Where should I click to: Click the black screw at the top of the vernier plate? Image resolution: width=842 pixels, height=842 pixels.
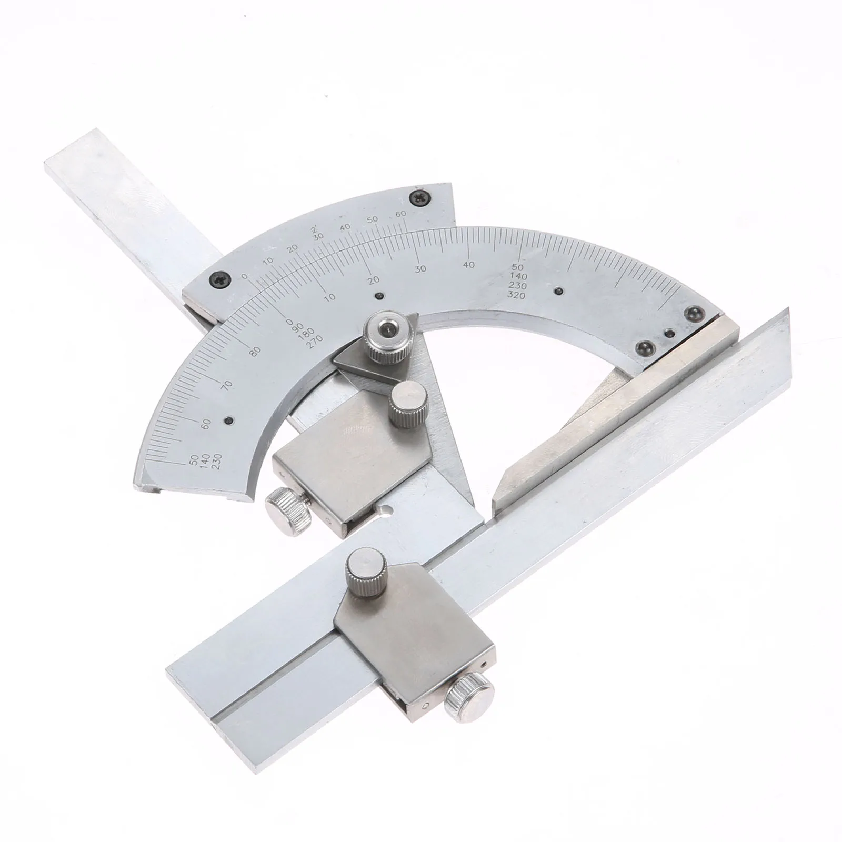[x=420, y=198]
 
